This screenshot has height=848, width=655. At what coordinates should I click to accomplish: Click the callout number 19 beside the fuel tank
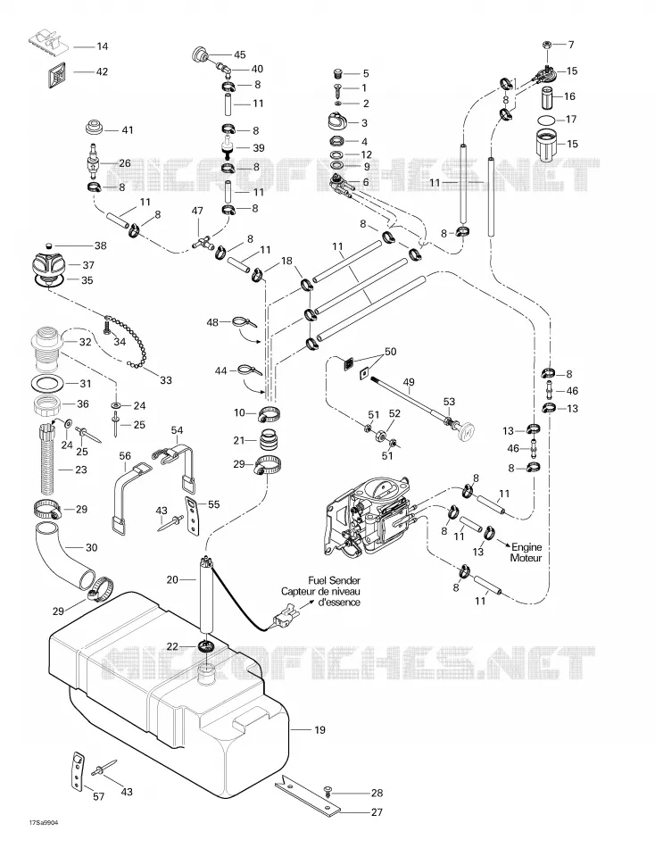coord(319,730)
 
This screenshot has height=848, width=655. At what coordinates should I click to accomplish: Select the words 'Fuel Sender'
coord(335,581)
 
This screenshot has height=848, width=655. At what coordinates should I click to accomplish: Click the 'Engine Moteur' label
coord(526,553)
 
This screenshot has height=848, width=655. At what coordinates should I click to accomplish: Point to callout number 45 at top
coord(240,54)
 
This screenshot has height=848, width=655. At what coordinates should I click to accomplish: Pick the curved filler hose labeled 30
coord(65,554)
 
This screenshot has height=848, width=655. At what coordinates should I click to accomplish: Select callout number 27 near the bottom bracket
coord(377,811)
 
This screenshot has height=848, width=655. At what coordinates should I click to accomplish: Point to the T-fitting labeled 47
coord(201,242)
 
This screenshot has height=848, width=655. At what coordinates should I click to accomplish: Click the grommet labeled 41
coord(94,129)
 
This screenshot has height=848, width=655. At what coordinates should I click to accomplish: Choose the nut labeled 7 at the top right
coord(547,45)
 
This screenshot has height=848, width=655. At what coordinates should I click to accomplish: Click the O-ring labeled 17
coord(547,120)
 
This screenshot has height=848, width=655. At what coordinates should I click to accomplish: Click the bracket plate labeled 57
coord(78,769)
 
